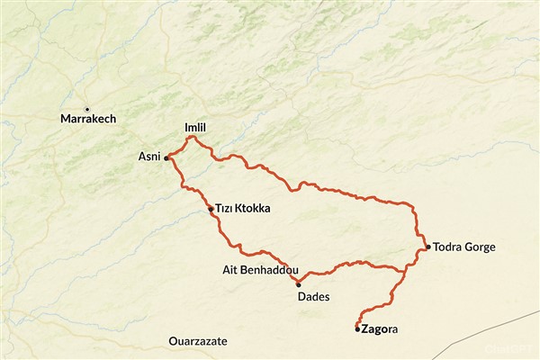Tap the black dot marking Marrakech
click(87, 109)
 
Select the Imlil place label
click(194, 129)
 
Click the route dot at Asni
click(167, 157)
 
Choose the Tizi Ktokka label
click(242, 209)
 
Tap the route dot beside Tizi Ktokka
click(211, 209)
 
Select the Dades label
click(313, 296)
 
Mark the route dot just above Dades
click(298, 284)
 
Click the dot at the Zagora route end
click(357, 329)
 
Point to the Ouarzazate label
click(197, 342)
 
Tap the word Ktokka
click(253, 209)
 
